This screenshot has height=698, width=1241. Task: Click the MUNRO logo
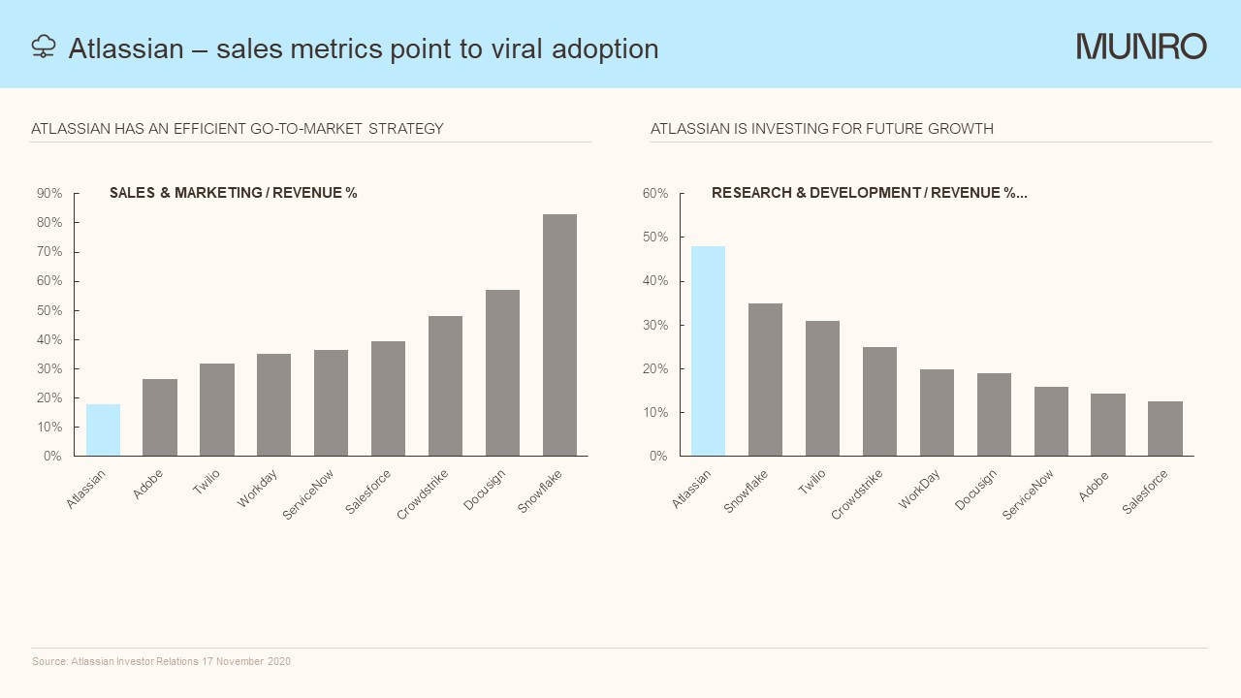coord(1141,47)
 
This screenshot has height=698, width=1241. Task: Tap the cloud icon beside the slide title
coord(44,47)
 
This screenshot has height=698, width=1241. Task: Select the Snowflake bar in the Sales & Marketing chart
coord(559,335)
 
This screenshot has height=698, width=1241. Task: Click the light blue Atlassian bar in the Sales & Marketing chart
coord(103,430)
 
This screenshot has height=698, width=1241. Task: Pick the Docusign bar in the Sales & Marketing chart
coord(502,373)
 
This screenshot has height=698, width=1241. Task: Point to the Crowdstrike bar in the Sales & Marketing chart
coord(445,386)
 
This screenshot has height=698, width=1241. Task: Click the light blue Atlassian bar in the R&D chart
coord(708,351)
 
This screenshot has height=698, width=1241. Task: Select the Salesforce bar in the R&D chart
coord(1164,428)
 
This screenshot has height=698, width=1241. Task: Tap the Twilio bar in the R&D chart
coord(822,388)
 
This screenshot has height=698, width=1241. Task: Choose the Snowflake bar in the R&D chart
coord(765,379)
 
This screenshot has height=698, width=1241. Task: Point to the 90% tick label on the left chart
coord(49,194)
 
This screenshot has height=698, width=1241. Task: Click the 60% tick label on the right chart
coord(655,194)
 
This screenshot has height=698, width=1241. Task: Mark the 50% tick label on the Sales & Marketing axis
coord(49,310)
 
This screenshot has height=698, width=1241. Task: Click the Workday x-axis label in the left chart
coord(258,489)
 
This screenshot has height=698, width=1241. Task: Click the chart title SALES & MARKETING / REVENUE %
coord(234,193)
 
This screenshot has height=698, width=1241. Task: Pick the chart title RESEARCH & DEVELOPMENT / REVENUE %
coord(869,193)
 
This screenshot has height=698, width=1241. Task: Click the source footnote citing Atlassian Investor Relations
coord(161,661)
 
